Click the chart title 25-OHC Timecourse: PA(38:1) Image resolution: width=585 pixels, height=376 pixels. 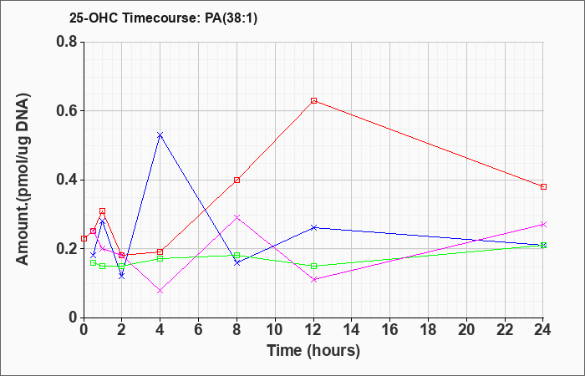(163, 18)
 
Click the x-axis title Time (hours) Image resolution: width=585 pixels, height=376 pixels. (313, 351)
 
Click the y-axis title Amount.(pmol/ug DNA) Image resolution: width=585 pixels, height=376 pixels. (23, 180)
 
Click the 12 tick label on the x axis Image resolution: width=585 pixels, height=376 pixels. (313, 330)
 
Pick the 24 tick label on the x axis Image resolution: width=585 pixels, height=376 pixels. (543, 330)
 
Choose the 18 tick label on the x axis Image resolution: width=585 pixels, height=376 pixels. (428, 330)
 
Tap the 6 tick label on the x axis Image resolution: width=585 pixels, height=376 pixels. (199, 330)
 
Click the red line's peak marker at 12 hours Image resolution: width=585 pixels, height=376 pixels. (313, 101)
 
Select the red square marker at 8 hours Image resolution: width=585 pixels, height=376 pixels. (237, 180)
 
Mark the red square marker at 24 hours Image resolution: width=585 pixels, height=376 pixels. (543, 187)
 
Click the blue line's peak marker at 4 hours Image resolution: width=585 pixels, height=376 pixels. (160, 135)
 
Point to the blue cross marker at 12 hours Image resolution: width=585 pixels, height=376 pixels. (313, 227)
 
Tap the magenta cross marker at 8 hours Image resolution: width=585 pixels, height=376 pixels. (237, 217)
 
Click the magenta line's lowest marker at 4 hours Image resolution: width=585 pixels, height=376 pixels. (160, 291)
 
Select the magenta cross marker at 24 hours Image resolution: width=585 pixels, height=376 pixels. (543, 224)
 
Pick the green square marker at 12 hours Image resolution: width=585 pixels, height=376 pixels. (313, 266)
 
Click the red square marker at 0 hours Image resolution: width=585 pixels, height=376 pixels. (84, 238)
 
